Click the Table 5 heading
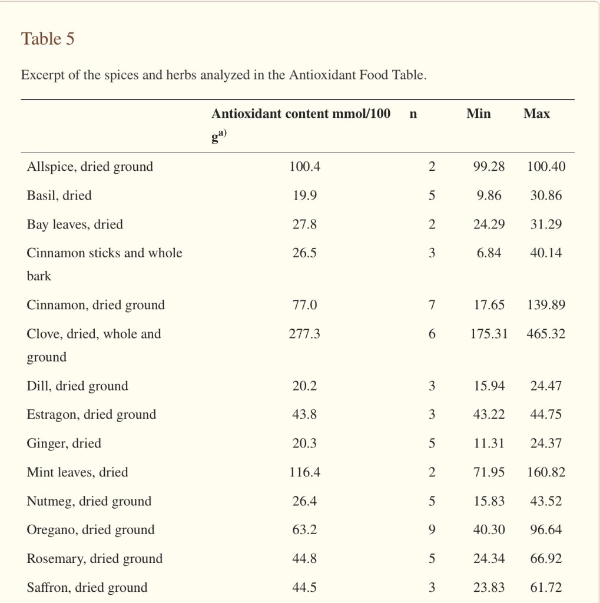pos(48,39)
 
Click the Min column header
pos(478,114)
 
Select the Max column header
pos(536,114)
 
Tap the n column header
pos(413,114)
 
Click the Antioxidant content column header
pos(300,114)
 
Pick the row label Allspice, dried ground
pos(89,167)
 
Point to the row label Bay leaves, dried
pos(75,224)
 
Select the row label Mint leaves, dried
pos(77,472)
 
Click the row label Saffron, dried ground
pos(87,587)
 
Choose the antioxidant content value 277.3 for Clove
pos(304,334)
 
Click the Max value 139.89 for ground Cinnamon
pos(546,305)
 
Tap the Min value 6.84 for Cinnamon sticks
pos(489,253)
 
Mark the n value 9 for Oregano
pos(432,530)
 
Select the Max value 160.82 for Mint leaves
pos(546,472)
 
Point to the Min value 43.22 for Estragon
pos(489,415)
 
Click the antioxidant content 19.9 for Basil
pos(304,196)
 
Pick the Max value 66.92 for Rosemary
pos(546,559)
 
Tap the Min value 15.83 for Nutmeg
pos(489,501)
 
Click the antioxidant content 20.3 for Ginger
pos(304,443)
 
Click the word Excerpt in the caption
pos(42,76)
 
